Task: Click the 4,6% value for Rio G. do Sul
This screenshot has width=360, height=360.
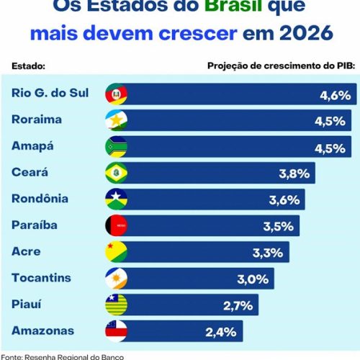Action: (x=335, y=95)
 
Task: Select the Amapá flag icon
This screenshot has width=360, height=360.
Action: (x=116, y=147)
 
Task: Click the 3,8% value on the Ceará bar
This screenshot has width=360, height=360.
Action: (x=294, y=173)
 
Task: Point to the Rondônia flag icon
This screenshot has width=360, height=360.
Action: (x=116, y=199)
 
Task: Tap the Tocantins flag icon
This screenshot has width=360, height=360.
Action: (x=116, y=278)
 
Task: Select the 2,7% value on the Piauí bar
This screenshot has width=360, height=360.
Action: (x=238, y=305)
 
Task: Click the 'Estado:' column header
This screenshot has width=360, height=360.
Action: (x=28, y=66)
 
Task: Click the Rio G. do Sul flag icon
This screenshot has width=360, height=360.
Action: (x=116, y=94)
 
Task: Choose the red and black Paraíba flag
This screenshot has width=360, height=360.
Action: (x=116, y=225)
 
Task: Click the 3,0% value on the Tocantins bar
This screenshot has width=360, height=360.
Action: (x=253, y=279)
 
